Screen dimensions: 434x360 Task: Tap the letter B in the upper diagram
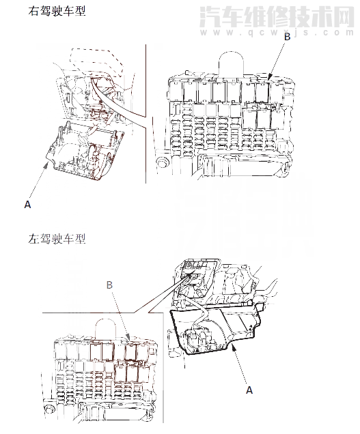click(287, 37)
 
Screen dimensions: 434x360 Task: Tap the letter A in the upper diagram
click(27, 203)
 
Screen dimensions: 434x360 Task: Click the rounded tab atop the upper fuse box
click(231, 63)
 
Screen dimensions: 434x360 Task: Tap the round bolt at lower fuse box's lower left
click(49, 410)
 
